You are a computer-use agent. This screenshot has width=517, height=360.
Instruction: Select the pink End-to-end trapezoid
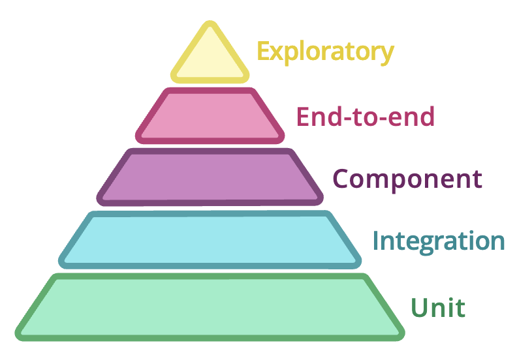[210, 116]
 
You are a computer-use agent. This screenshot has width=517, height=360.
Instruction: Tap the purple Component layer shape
[210, 177]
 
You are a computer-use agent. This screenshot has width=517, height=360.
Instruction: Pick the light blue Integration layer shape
[210, 239]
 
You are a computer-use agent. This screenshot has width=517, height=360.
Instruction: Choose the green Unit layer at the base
[210, 307]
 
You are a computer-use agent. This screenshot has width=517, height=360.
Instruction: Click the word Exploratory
[325, 52]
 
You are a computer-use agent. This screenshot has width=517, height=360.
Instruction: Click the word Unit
[438, 307]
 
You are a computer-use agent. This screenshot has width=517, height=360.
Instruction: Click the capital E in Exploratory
[263, 51]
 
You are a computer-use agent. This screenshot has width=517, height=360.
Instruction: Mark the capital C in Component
[341, 178]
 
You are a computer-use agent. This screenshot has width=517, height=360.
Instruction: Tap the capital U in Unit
[421, 307]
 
